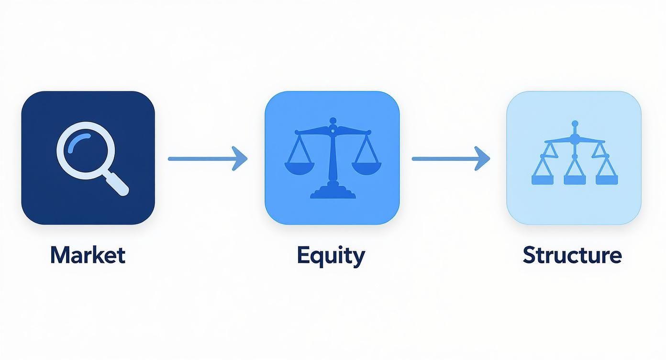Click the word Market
(x=88, y=255)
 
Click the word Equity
(x=331, y=255)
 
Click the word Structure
(x=572, y=255)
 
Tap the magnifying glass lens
(x=80, y=149)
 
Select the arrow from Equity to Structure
(x=450, y=158)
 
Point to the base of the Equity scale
(x=333, y=193)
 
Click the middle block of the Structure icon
(x=575, y=180)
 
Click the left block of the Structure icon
(x=542, y=180)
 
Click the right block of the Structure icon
(x=607, y=180)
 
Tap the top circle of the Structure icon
(x=575, y=124)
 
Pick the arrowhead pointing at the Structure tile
(x=483, y=158)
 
